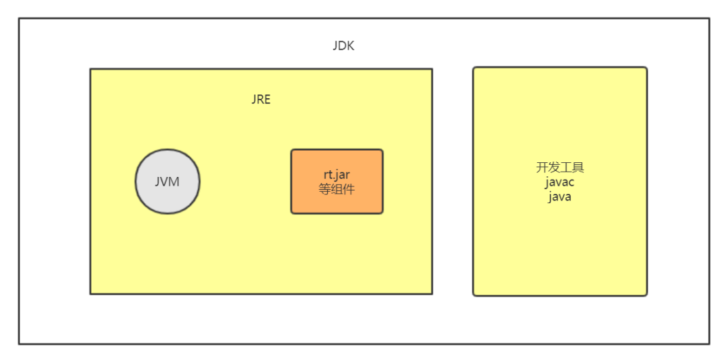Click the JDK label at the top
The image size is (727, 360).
[343, 46]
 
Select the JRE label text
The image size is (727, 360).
[261, 100]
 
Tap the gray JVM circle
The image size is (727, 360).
[168, 182]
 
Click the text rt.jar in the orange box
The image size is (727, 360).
[337, 175]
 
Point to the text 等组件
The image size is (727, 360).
[337, 189]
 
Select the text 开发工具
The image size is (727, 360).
[560, 168]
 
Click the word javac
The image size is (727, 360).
[560, 182]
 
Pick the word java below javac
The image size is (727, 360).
[560, 196]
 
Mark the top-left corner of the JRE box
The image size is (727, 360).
[91, 69]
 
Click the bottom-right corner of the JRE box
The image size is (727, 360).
[431, 293]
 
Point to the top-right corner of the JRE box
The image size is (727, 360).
[431, 69]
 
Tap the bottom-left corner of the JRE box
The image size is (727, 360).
[91, 293]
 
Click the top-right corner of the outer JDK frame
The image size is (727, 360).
[709, 19]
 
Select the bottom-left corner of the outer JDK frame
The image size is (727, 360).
[19, 344]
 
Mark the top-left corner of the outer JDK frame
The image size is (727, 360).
[19, 19]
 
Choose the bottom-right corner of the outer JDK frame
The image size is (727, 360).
[709, 344]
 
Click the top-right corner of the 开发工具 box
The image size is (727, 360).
[646, 67]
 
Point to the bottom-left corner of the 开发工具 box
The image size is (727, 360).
[474, 295]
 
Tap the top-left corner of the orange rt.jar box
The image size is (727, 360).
[292, 150]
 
